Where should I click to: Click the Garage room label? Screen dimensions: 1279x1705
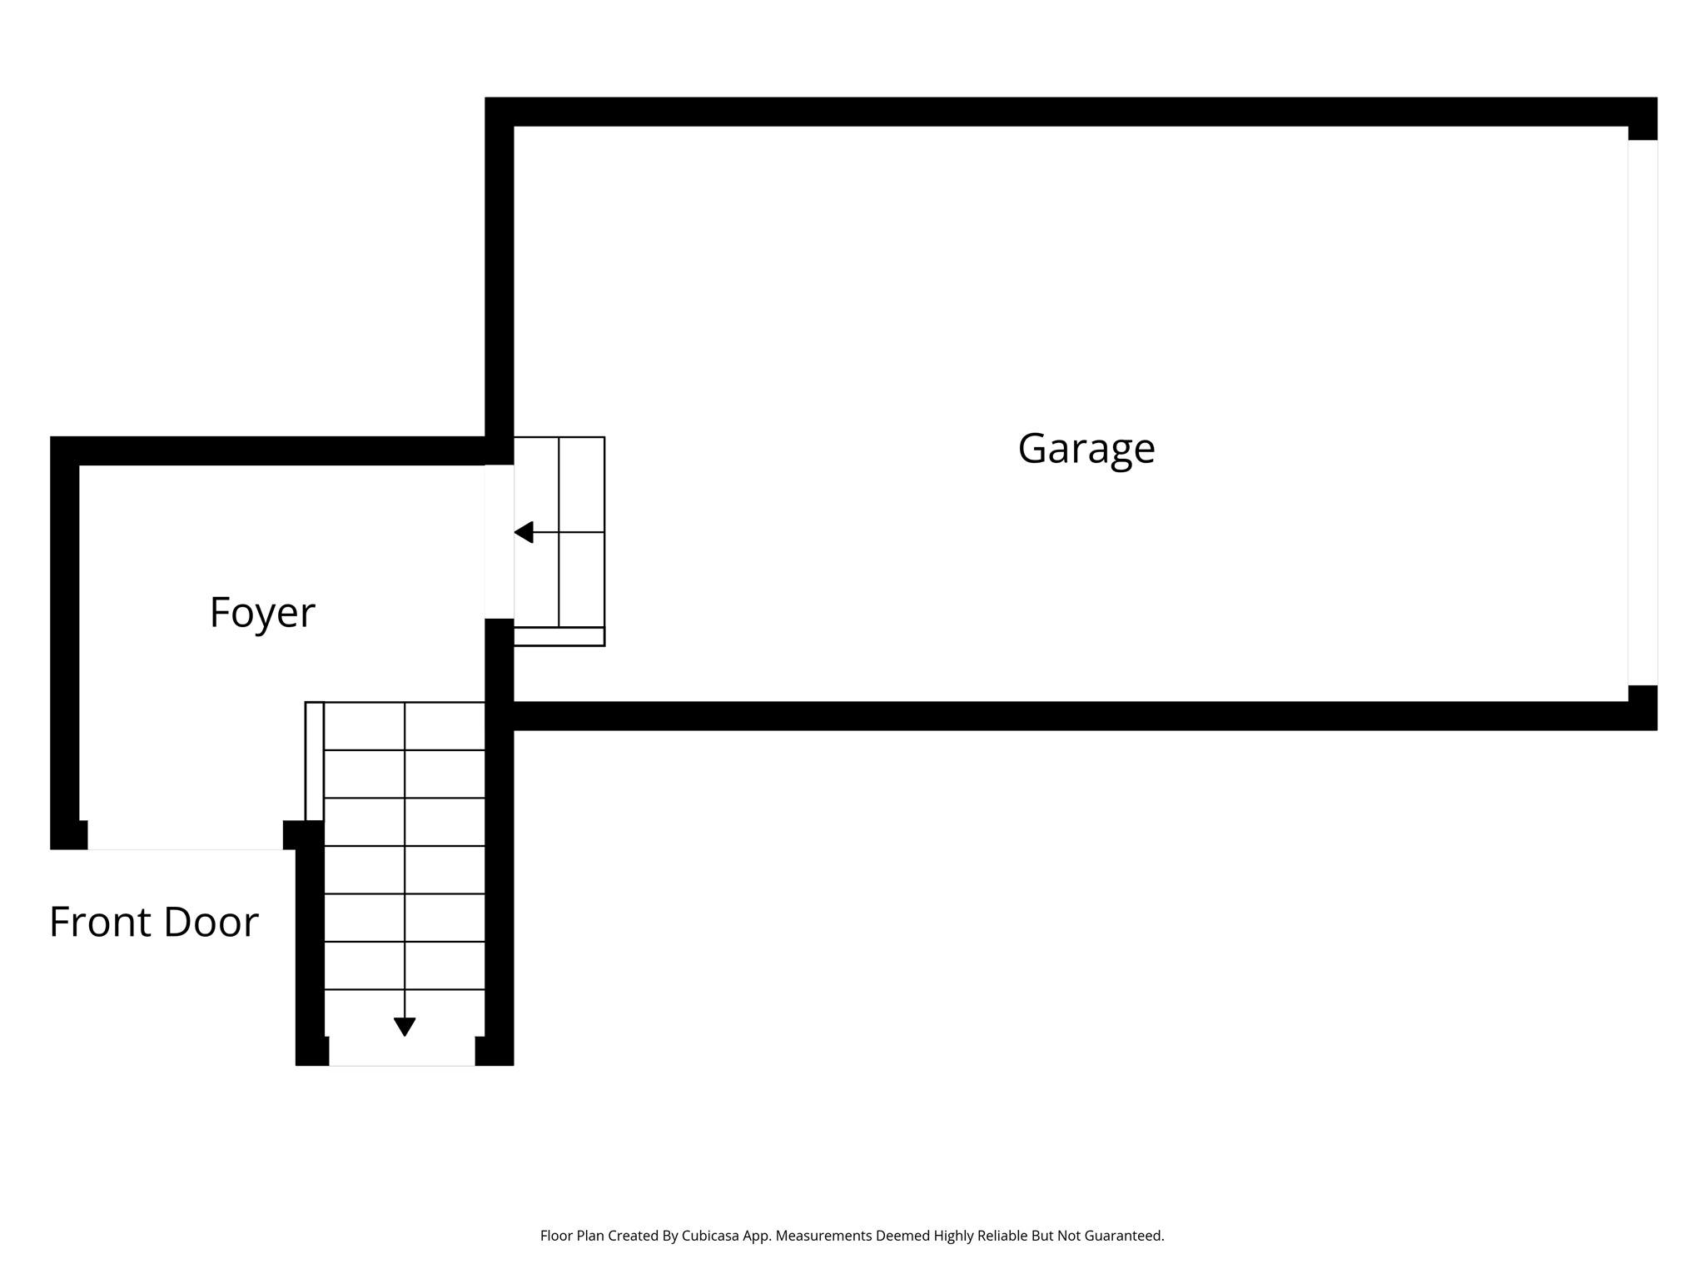(1086, 449)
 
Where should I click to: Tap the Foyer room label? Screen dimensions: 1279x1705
(262, 613)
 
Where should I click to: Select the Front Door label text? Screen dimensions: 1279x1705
(154, 923)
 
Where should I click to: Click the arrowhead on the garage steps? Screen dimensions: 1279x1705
(524, 532)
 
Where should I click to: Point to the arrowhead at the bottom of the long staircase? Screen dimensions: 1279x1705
(405, 1027)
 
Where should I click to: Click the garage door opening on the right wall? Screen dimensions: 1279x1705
(1643, 412)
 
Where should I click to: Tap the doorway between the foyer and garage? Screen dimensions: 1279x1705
(499, 541)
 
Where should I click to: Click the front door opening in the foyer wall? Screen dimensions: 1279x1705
(185, 835)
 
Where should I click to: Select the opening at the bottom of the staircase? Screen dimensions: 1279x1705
(402, 1051)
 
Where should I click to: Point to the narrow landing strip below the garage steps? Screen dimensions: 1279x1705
(559, 637)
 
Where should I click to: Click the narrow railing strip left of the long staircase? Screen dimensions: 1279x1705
(314, 761)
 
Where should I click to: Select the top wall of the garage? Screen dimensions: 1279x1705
(1066, 112)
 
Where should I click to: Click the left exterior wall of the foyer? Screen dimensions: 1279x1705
(65, 641)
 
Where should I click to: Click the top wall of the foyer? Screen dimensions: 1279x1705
(275, 450)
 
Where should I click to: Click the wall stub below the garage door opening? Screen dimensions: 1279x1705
(1643, 706)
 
